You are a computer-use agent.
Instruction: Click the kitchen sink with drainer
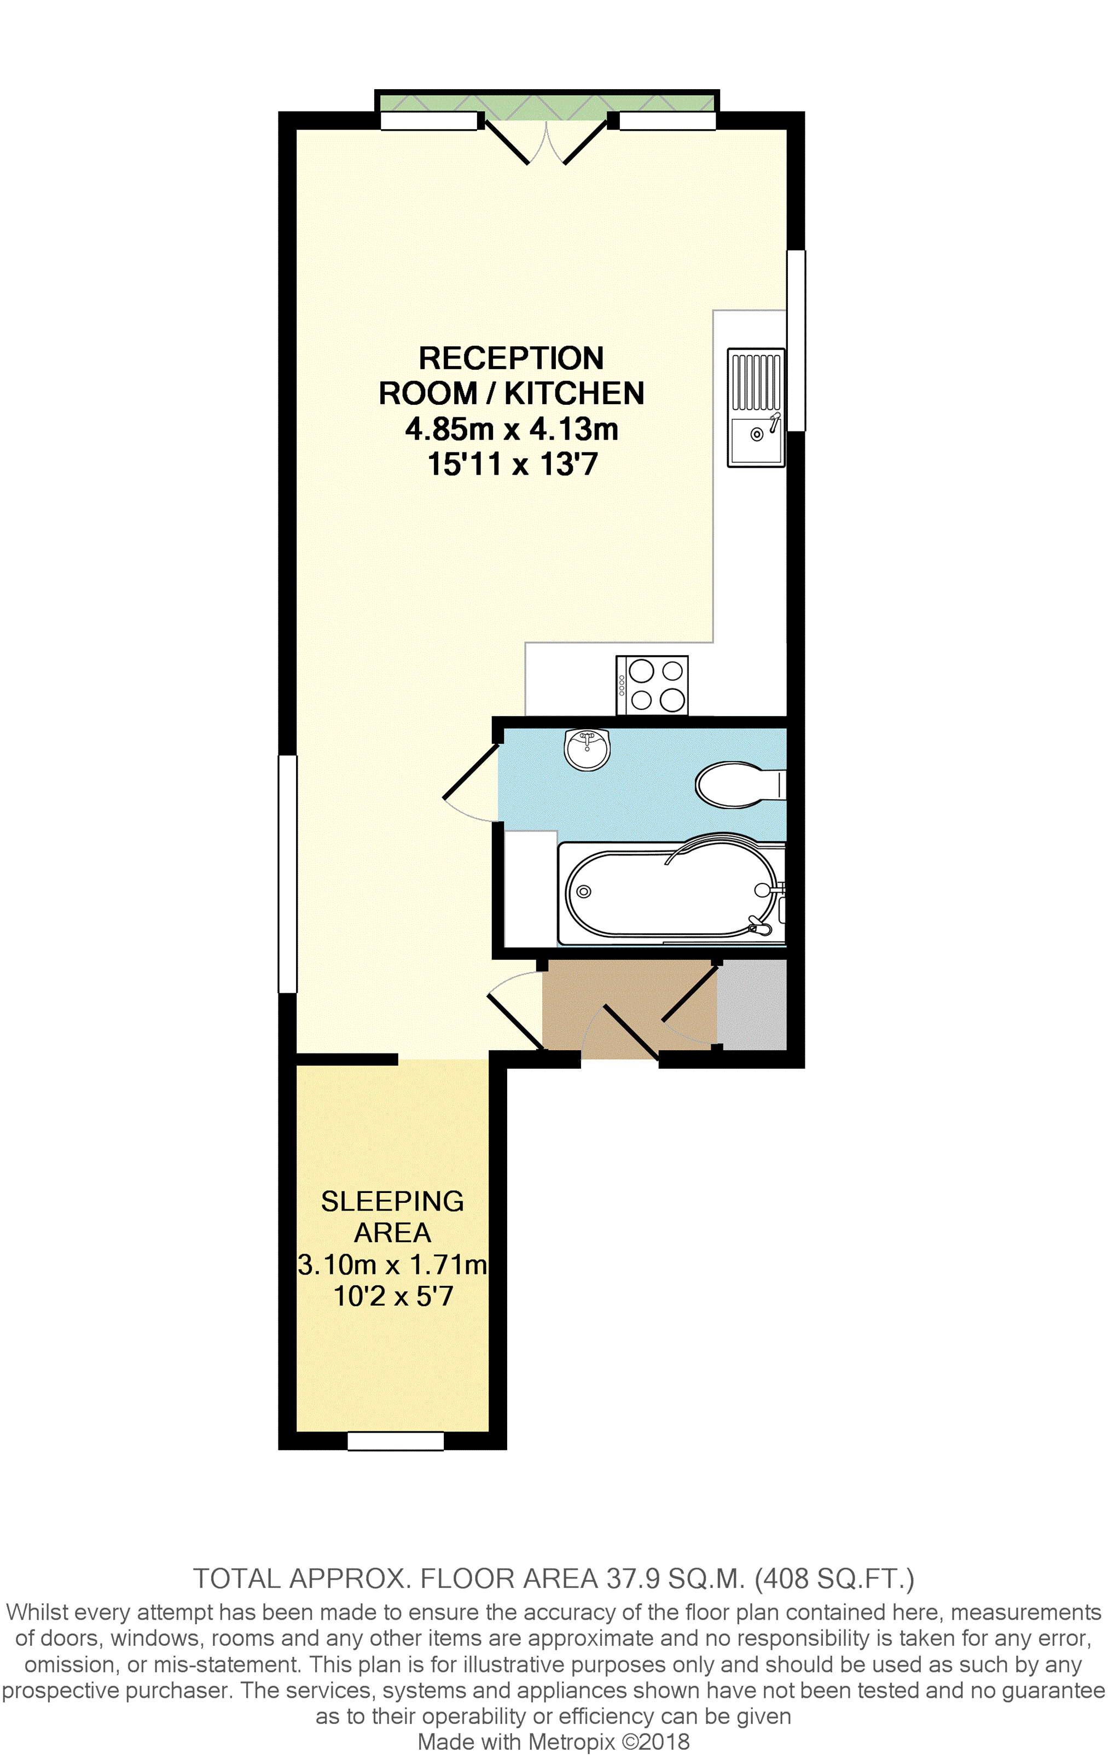(x=756, y=407)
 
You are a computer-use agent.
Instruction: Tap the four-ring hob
(x=652, y=685)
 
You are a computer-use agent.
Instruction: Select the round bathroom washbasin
(x=587, y=749)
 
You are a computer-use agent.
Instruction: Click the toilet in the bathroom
(x=736, y=784)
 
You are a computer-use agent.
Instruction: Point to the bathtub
(x=670, y=892)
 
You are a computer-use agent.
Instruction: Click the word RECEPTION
(x=511, y=358)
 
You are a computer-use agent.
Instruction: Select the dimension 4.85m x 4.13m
(x=512, y=428)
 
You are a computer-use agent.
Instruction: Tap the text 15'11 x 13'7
(x=512, y=464)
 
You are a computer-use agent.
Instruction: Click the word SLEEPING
(x=392, y=1201)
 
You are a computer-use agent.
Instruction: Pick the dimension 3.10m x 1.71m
(x=392, y=1265)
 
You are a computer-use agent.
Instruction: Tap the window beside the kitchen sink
(x=797, y=341)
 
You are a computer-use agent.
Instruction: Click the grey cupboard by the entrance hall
(x=751, y=1004)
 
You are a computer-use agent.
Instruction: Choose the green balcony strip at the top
(x=547, y=103)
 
